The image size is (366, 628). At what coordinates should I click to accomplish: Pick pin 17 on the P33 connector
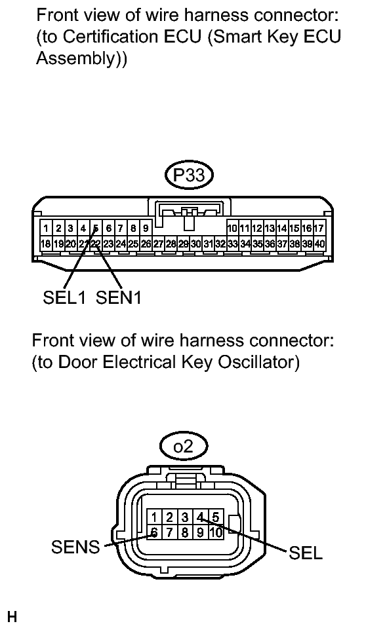pyautogui.click(x=319, y=229)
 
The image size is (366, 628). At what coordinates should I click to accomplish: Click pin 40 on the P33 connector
pyautogui.click(x=319, y=244)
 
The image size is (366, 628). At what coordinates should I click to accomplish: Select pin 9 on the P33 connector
pyautogui.click(x=145, y=229)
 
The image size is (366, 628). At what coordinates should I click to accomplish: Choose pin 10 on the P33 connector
pyautogui.click(x=232, y=229)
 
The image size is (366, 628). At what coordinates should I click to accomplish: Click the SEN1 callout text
pyautogui.click(x=119, y=298)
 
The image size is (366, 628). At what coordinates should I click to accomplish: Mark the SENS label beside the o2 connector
pyautogui.click(x=75, y=547)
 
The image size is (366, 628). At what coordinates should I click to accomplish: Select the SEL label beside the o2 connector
pyautogui.click(x=306, y=553)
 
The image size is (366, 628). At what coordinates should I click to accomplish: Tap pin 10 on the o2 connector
pyautogui.click(x=216, y=532)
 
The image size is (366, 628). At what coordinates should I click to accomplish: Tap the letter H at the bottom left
pyautogui.click(x=11, y=616)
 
